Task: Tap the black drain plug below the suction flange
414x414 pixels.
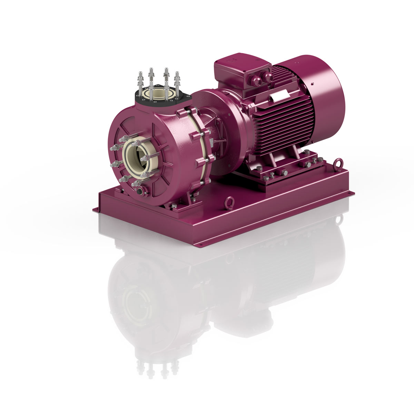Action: [x=139, y=191]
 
